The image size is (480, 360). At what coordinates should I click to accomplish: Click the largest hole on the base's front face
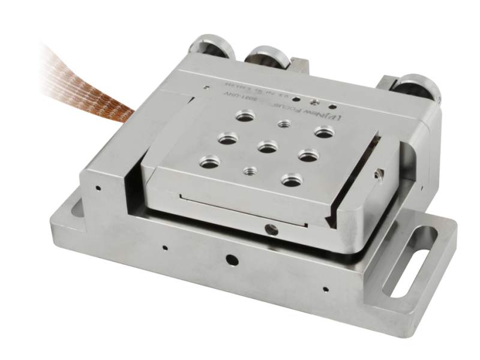pyautogui.click(x=230, y=260)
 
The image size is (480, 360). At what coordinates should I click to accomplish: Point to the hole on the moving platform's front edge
pyautogui.click(x=271, y=228)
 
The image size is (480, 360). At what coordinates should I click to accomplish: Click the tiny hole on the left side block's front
pyautogui.click(x=96, y=187)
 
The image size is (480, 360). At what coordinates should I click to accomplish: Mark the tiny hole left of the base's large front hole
pyautogui.click(x=164, y=245)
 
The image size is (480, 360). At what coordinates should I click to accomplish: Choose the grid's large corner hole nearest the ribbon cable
pyautogui.click(x=244, y=115)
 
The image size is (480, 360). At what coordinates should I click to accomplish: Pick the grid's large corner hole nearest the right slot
pyautogui.click(x=292, y=179)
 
